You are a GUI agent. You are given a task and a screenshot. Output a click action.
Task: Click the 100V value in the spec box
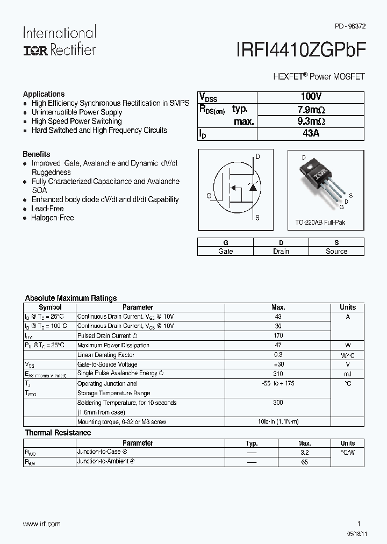coord(311,97)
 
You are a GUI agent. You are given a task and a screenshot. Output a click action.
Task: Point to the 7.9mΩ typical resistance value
coord(311,109)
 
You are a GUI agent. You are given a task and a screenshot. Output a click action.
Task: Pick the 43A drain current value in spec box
coord(311,133)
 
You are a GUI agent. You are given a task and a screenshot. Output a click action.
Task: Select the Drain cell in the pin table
coord(281,251)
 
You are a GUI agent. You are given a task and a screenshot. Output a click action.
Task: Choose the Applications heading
coord(44,94)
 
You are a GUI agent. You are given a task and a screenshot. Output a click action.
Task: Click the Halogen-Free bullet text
coord(53,218)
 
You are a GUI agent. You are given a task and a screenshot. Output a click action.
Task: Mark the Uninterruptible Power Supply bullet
coord(77,112)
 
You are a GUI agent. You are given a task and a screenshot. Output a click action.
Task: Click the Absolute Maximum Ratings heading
coord(71,298)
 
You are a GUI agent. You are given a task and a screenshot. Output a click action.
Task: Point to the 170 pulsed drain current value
coord(278,335)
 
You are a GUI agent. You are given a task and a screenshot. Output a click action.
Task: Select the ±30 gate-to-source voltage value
coord(278,364)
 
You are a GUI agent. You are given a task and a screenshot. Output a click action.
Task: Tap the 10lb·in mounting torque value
coord(278,422)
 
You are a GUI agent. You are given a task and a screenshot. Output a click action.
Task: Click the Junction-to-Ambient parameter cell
coord(104,462)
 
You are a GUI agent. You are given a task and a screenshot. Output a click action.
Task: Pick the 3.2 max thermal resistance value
coord(305,453)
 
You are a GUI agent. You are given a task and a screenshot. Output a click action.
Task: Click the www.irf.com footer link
coord(42,524)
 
